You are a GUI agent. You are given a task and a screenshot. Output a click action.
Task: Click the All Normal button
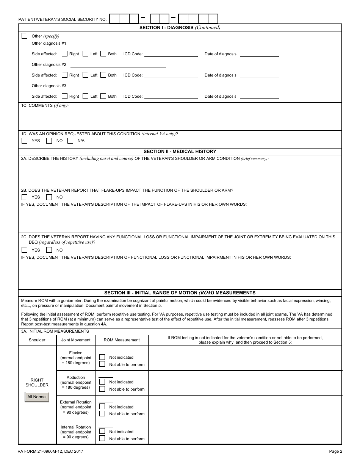tap(37, 397)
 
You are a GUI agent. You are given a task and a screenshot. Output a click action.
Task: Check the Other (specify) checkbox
tap(25, 36)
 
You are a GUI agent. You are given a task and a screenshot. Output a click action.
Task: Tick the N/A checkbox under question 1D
tap(70, 141)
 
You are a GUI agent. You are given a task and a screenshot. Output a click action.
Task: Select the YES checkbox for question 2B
tap(25, 197)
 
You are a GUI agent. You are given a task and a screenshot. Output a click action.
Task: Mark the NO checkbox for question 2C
tap(49, 250)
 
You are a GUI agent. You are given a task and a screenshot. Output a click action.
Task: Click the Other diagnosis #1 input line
tap(122, 44)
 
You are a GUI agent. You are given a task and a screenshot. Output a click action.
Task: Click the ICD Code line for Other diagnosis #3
tap(171, 97)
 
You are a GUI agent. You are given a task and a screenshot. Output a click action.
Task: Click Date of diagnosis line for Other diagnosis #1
tap(259, 54)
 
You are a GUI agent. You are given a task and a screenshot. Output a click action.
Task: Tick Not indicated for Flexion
tap(102, 357)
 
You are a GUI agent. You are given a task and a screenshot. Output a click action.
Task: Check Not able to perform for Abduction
tap(102, 389)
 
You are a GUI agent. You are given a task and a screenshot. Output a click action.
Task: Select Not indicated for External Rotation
tap(102, 407)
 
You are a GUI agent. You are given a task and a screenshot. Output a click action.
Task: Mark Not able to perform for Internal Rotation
tap(102, 438)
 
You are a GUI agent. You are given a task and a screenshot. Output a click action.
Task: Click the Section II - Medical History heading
tap(180, 152)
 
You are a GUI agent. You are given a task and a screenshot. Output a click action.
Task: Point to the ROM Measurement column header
tap(122, 340)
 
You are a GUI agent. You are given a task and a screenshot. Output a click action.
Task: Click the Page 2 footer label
tap(335, 451)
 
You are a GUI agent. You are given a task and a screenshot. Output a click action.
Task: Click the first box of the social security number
tap(114, 19)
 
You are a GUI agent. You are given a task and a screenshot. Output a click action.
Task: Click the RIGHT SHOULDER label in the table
tap(37, 383)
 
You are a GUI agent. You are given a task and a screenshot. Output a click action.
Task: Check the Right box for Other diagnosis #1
tap(65, 54)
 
